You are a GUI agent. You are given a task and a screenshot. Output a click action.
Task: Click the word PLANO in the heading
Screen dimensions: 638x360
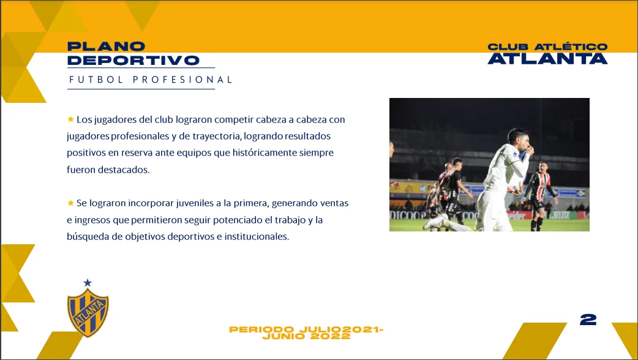(106, 47)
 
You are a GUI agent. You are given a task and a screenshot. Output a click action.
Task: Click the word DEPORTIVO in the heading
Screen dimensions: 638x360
(133, 60)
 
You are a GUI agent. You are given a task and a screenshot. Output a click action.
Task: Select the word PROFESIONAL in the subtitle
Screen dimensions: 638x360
(182, 80)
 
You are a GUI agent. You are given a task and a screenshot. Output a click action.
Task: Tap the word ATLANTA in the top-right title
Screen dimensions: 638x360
(547, 59)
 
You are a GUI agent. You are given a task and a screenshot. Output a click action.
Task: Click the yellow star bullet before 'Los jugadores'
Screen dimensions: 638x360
(70, 119)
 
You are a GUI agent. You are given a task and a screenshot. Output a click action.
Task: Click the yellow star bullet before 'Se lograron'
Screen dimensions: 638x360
(70, 203)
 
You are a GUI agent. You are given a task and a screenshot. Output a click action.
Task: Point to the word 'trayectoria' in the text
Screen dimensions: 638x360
(217, 136)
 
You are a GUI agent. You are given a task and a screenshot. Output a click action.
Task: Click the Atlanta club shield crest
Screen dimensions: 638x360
(88, 313)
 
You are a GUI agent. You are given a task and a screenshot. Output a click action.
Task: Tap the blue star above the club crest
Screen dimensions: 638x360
(88, 283)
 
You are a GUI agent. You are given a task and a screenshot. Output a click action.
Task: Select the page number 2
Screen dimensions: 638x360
(588, 320)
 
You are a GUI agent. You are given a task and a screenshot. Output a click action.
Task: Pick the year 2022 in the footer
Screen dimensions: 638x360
(330, 336)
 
